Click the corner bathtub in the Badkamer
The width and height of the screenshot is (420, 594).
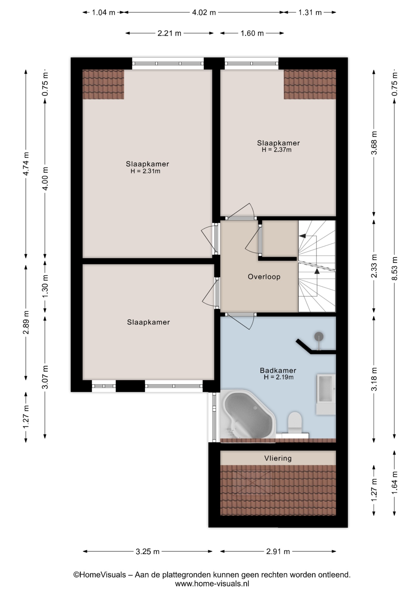tap(247, 415)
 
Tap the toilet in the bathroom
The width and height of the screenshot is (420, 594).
tap(294, 422)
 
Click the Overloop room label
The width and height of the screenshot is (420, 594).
tap(264, 277)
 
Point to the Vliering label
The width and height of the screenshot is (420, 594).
tap(278, 458)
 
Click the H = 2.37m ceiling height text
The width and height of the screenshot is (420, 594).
tap(276, 150)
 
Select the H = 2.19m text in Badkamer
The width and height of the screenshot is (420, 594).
tap(278, 377)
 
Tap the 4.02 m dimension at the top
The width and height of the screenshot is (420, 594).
tap(204, 12)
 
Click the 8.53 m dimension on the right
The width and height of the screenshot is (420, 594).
tap(394, 269)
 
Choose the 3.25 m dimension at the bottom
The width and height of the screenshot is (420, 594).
tap(148, 551)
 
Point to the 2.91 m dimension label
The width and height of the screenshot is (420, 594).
tap(278, 551)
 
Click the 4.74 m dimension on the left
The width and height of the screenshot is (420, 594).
tap(26, 164)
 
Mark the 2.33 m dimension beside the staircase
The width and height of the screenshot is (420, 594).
tap(374, 266)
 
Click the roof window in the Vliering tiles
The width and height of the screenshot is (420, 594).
tap(252, 483)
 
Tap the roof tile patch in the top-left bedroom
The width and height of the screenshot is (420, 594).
tap(103, 84)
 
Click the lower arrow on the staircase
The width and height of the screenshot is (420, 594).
tap(317, 271)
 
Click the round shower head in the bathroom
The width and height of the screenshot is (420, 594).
tap(319, 336)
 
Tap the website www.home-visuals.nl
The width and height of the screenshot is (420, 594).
tap(212, 583)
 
